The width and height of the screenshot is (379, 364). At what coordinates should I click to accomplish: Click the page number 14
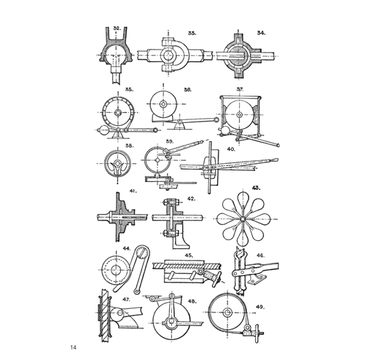[74, 347]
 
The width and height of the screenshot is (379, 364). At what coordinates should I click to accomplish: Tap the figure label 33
[192, 33]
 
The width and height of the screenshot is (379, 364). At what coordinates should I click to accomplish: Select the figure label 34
[261, 33]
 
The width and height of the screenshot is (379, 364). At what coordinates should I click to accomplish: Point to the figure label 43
[256, 188]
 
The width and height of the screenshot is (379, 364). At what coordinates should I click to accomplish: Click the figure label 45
[189, 256]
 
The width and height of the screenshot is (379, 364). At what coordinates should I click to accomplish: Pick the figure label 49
[259, 307]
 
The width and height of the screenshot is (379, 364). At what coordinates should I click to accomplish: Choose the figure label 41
[133, 191]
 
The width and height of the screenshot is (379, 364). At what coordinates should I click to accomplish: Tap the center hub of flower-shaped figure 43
[243, 219]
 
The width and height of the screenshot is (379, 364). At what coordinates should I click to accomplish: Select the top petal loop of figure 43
[243, 198]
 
